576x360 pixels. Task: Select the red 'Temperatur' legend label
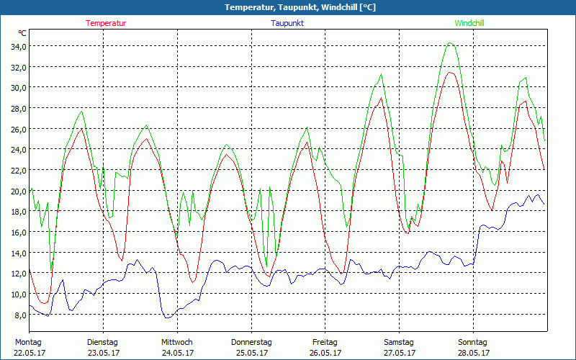(106, 23)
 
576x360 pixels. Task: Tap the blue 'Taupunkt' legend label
(287, 23)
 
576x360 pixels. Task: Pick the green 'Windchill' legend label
(469, 23)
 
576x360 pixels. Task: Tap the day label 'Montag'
(28, 342)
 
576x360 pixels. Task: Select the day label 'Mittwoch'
(176, 342)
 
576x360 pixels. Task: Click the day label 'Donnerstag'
(251, 342)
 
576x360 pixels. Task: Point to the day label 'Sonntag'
(472, 342)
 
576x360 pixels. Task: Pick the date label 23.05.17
(102, 353)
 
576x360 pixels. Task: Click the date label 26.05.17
(325, 353)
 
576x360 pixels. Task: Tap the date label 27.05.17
(399, 353)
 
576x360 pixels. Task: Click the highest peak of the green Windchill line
(451, 43)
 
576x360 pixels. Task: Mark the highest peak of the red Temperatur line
(451, 72)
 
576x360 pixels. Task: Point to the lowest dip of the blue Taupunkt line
(167, 318)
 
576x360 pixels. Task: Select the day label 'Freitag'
(325, 342)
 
